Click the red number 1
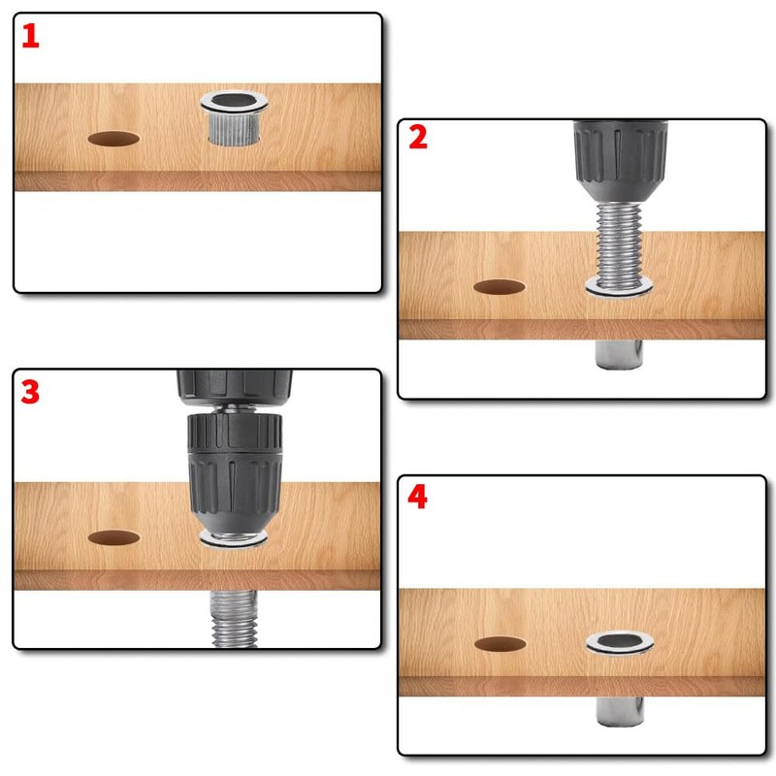pos(30,36)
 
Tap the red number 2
pos(418,137)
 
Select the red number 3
pos(30,392)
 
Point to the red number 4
pos(418,497)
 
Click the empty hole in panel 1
pos(113,139)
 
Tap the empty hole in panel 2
pos(500,287)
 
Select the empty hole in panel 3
pos(113,538)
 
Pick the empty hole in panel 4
pos(501,644)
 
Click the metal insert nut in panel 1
pos(234,117)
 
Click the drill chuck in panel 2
pos(621,161)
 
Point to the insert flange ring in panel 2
pos(619,287)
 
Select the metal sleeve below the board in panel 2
pos(619,354)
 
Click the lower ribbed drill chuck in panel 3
pos(235,476)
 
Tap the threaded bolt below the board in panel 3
pos(234,618)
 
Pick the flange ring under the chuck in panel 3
pos(233,538)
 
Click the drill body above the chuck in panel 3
pos(235,388)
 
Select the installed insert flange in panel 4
pos(620,642)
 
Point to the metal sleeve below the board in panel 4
pos(620,711)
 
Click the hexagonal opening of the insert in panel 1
pos(234,101)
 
